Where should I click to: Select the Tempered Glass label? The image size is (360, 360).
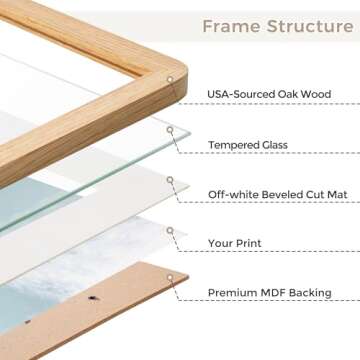pos(249,144)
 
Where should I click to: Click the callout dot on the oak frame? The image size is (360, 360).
pos(170,79)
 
